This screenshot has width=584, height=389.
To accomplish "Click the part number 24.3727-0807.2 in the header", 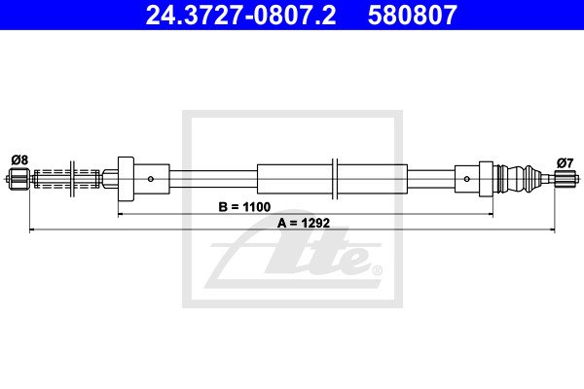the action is [240, 15].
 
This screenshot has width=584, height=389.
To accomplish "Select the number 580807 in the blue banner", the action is [413, 15].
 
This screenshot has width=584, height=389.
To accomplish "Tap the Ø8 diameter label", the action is [19, 160].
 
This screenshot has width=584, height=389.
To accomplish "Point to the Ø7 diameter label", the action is [565, 162].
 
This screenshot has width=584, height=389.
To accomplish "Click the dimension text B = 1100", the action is [244, 206].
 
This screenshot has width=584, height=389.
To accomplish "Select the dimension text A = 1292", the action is [304, 223].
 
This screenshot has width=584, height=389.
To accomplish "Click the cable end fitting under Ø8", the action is [18, 179].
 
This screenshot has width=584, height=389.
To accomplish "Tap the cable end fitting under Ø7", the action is [566, 179].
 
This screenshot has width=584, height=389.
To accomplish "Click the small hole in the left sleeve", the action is [151, 179].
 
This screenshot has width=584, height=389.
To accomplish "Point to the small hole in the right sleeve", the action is [466, 179].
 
